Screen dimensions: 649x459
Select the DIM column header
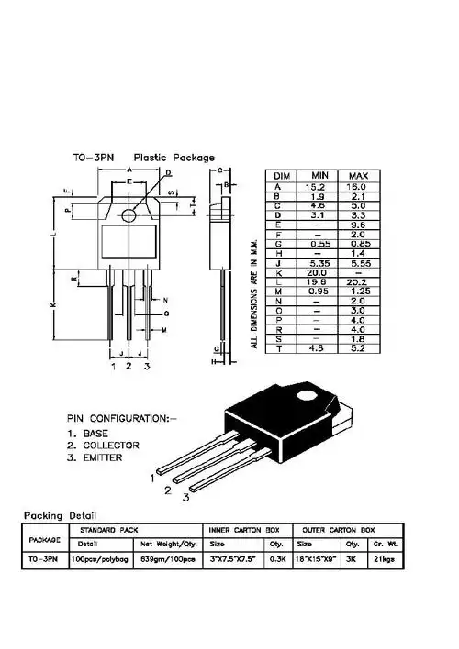(283, 175)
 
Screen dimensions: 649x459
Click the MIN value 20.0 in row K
(319, 272)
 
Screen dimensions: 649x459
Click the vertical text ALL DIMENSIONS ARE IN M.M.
(254, 293)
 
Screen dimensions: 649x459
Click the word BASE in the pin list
(95, 433)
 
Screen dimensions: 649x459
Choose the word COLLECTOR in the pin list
(110, 445)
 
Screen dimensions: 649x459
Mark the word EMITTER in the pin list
(102, 456)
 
